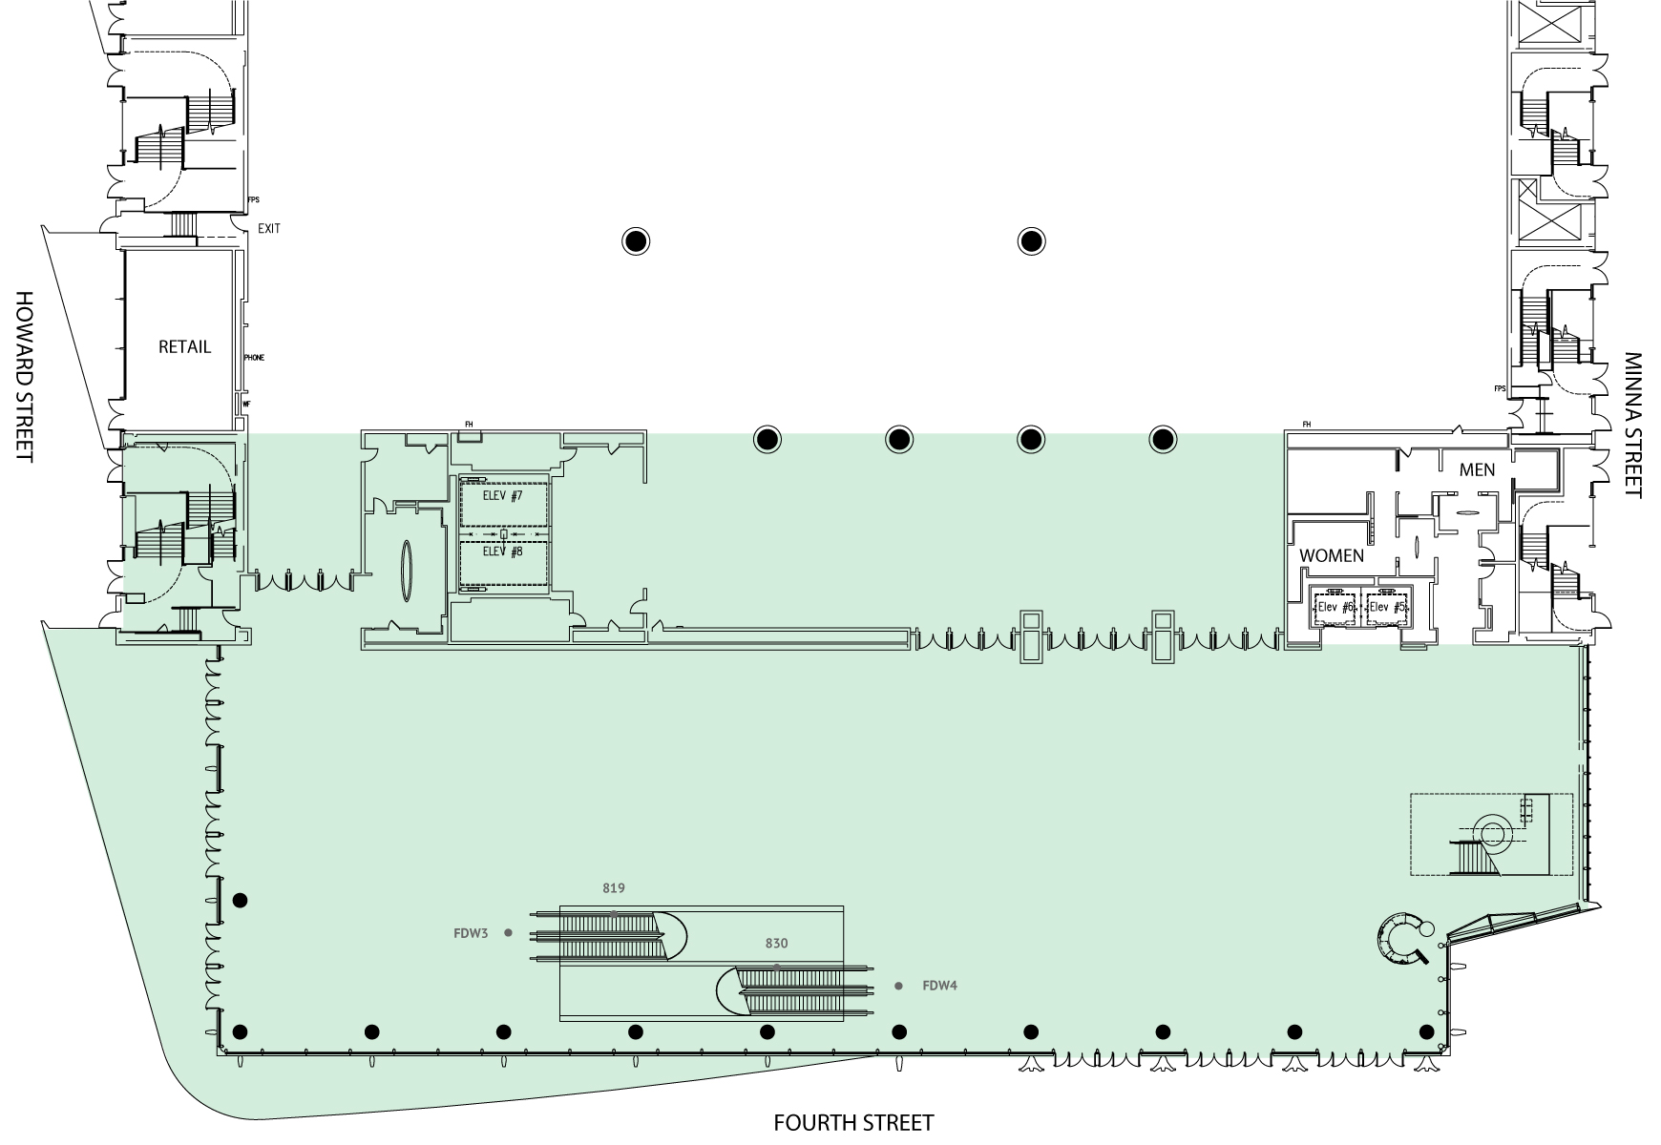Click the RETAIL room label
(x=184, y=347)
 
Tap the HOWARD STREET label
(x=24, y=377)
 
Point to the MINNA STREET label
(x=1633, y=426)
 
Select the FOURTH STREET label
(x=852, y=1123)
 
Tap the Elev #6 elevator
(x=1335, y=607)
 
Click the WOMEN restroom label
(x=1331, y=555)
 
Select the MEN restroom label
(x=1477, y=469)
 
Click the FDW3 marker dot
(x=508, y=933)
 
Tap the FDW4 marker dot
(x=898, y=986)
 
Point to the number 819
(x=614, y=888)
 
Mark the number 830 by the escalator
(x=776, y=944)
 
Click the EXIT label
(x=269, y=229)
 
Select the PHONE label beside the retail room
(x=254, y=358)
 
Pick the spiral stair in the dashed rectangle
(x=1491, y=834)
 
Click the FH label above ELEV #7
(x=469, y=425)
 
